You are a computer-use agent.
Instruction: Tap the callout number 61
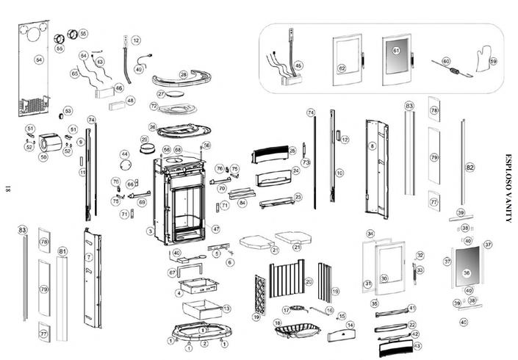(396, 51)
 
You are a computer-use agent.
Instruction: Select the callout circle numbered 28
(183, 75)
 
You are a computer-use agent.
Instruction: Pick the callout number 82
(470, 168)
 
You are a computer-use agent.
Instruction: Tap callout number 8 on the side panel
(373, 147)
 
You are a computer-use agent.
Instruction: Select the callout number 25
(292, 151)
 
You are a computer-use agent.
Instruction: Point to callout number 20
(309, 281)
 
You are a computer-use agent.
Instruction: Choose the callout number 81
(62, 252)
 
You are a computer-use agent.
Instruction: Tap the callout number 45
(298, 65)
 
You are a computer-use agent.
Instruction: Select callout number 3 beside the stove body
(150, 231)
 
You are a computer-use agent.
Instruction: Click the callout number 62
(342, 68)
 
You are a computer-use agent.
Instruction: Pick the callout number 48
(130, 101)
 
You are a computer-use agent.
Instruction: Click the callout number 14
(350, 325)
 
